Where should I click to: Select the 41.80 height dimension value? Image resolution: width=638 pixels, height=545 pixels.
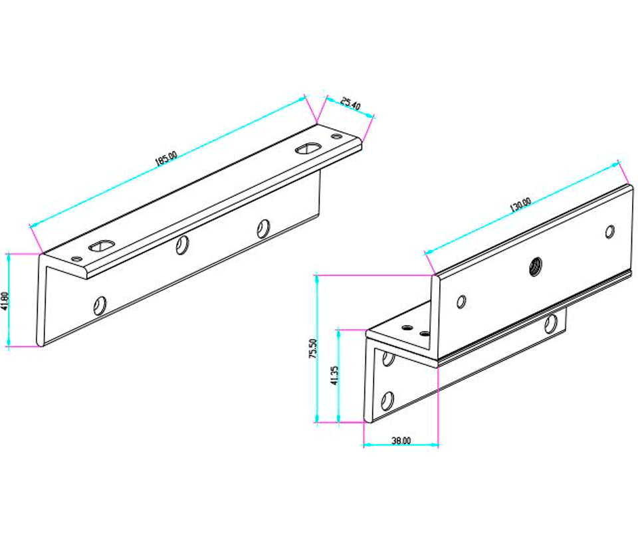(x=4, y=301)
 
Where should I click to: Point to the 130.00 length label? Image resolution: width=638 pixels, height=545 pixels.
(x=520, y=204)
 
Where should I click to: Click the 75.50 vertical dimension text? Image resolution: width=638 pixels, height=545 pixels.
(x=313, y=348)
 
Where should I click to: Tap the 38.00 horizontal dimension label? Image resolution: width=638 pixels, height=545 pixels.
(x=401, y=440)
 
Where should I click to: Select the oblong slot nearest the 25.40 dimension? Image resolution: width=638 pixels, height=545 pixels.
(x=307, y=148)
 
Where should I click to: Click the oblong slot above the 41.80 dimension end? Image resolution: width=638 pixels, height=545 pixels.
(x=100, y=246)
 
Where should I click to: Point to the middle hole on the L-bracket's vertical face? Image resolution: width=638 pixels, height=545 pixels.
(x=181, y=246)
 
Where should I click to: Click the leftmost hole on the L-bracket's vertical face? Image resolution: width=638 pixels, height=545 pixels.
(x=100, y=305)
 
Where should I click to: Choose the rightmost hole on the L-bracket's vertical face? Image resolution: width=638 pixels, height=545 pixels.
(x=264, y=228)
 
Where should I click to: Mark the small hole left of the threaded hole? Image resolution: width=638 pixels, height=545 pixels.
(x=461, y=302)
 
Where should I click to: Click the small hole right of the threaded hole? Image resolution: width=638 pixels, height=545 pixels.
(x=609, y=231)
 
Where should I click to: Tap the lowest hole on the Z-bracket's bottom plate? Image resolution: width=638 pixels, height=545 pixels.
(x=387, y=400)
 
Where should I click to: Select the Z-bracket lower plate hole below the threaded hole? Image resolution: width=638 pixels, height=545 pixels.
(x=550, y=324)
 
